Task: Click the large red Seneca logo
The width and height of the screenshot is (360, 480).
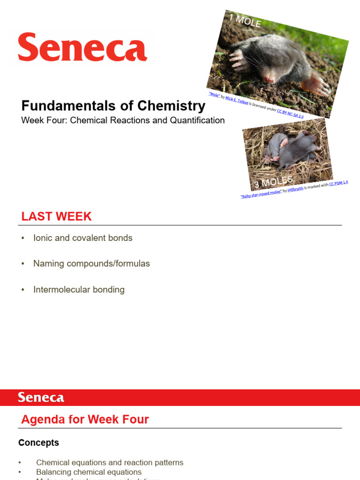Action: (x=82, y=47)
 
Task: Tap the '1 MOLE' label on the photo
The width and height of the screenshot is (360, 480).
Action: (x=245, y=21)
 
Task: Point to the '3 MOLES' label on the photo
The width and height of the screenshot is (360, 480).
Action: (x=273, y=181)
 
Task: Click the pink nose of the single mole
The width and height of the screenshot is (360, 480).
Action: (x=269, y=79)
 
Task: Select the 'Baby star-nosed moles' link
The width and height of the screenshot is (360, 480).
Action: (x=261, y=194)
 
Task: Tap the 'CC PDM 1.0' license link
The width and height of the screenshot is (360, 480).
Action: (x=338, y=183)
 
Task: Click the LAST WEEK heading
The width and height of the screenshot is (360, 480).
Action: (x=56, y=217)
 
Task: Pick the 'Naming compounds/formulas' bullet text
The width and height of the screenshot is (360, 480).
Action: (x=91, y=264)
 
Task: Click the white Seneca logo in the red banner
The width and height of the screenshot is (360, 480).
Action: (x=41, y=398)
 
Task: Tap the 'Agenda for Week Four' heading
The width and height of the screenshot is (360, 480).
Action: (x=85, y=420)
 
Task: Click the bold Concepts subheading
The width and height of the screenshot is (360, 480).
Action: (x=38, y=443)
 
